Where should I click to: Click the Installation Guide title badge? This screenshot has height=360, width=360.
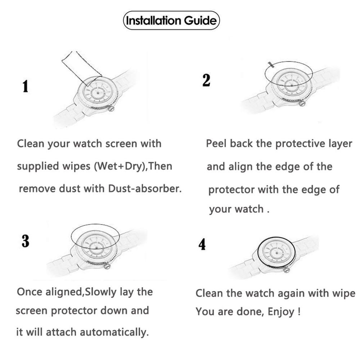click(x=171, y=21)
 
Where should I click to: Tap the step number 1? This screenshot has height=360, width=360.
click(x=25, y=87)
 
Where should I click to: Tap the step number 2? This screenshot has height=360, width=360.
click(x=206, y=80)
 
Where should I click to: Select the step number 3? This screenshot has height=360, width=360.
click(x=25, y=241)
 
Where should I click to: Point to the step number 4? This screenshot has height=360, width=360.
click(x=202, y=245)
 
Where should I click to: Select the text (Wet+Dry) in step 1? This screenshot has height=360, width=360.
click(x=118, y=166)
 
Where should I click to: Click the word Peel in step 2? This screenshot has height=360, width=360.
click(x=216, y=144)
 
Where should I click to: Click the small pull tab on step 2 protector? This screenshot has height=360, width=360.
click(x=271, y=65)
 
